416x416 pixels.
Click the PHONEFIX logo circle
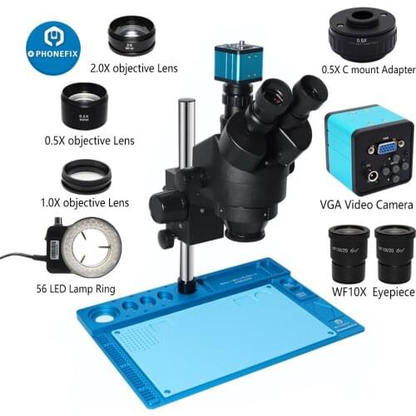coord(52,47)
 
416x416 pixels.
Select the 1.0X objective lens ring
coord(87,176)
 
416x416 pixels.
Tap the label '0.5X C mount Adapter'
coord(360,68)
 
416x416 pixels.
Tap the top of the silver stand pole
coord(187,103)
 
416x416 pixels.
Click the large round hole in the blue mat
coord(106,318)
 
